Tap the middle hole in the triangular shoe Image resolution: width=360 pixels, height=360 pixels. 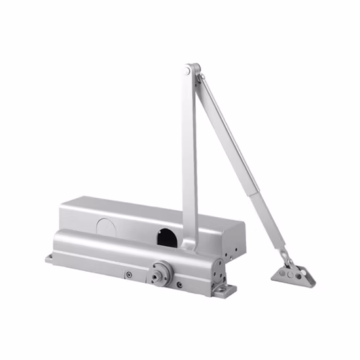tap(292, 274)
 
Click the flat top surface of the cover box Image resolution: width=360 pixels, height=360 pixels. tap(131, 206)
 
